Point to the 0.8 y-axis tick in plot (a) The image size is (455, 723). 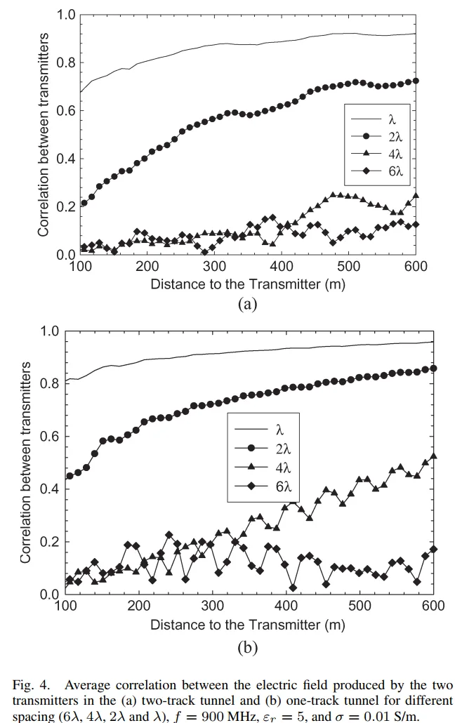(x=65, y=62)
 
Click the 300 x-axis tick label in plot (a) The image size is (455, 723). (x=214, y=267)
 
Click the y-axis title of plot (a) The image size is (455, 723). (x=44, y=133)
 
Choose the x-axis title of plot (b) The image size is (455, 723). (x=248, y=624)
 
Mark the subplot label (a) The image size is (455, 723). (x=248, y=304)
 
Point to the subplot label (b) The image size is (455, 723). (x=248, y=647)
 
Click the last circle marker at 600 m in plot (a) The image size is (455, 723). (x=416, y=81)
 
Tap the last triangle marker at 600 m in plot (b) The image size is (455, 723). (x=433, y=456)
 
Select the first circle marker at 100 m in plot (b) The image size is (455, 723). (x=70, y=476)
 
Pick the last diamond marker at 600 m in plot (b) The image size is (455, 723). (x=433, y=549)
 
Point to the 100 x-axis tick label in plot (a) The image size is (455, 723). (x=81, y=267)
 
